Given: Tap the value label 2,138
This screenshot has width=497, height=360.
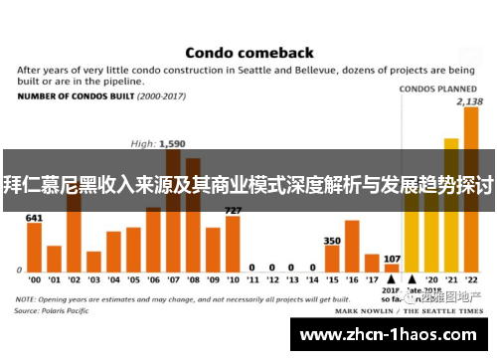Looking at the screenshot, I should (x=470, y=101).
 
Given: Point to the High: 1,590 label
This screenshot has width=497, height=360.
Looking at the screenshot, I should (x=159, y=142).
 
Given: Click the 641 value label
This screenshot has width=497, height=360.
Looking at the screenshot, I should (x=34, y=217).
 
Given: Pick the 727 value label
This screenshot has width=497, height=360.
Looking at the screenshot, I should (x=233, y=210).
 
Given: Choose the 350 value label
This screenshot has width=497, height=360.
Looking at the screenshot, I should (x=332, y=240).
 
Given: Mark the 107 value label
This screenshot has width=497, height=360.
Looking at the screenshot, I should (x=392, y=258).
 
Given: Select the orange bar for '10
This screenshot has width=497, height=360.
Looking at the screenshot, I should (x=233, y=243).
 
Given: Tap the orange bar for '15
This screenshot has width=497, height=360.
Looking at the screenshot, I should (x=332, y=258).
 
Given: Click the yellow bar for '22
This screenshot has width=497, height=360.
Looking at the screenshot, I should (x=470, y=199).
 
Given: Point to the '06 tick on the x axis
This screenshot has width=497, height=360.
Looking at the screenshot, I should (x=153, y=279).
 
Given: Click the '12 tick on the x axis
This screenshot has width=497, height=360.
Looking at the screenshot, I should (x=272, y=279).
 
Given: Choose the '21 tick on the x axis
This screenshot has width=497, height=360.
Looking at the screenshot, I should (x=451, y=279).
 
